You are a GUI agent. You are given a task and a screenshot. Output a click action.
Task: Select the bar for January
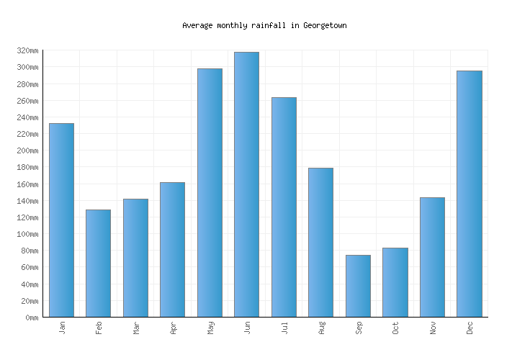(61, 220)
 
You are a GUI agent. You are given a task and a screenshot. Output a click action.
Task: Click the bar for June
(246, 184)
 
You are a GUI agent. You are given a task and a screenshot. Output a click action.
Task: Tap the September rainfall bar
(358, 286)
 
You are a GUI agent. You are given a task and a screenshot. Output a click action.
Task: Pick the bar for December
(469, 194)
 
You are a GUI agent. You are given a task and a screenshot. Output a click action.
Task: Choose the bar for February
(98, 263)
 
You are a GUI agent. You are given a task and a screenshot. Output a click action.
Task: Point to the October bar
(395, 282)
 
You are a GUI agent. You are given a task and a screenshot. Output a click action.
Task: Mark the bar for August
(320, 242)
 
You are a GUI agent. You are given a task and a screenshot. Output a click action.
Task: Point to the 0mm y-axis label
(31, 318)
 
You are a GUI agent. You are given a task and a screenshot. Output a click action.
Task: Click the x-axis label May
(210, 328)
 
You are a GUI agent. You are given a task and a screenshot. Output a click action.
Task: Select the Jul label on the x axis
(284, 328)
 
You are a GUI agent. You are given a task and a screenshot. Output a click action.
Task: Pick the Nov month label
(433, 328)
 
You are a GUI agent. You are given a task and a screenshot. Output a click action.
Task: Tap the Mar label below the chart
(136, 328)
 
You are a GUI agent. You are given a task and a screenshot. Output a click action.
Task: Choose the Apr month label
(173, 328)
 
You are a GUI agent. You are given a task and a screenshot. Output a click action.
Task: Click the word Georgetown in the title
(325, 25)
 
